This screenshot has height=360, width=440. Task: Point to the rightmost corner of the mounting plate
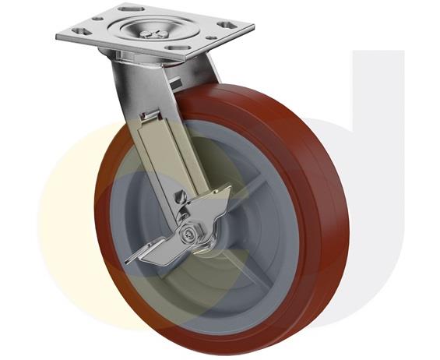coord(253,29)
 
